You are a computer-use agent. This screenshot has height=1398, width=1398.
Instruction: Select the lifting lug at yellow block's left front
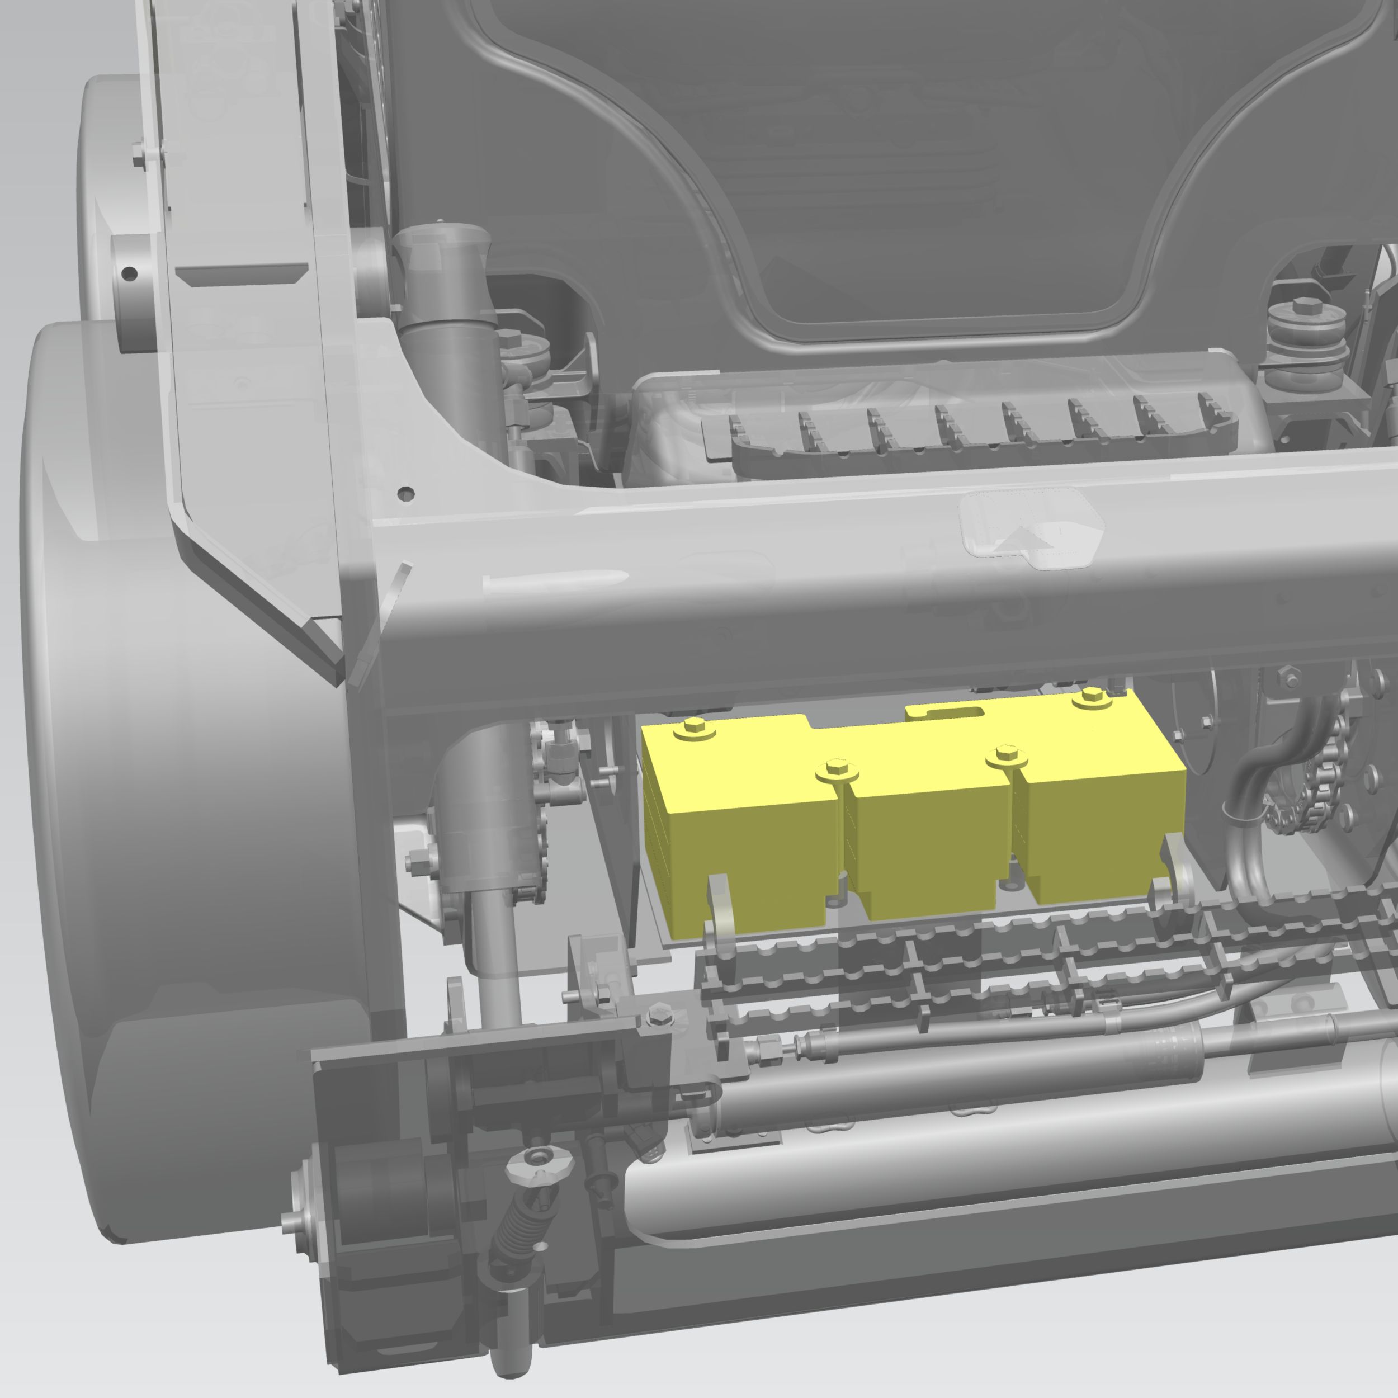(x=720, y=904)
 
